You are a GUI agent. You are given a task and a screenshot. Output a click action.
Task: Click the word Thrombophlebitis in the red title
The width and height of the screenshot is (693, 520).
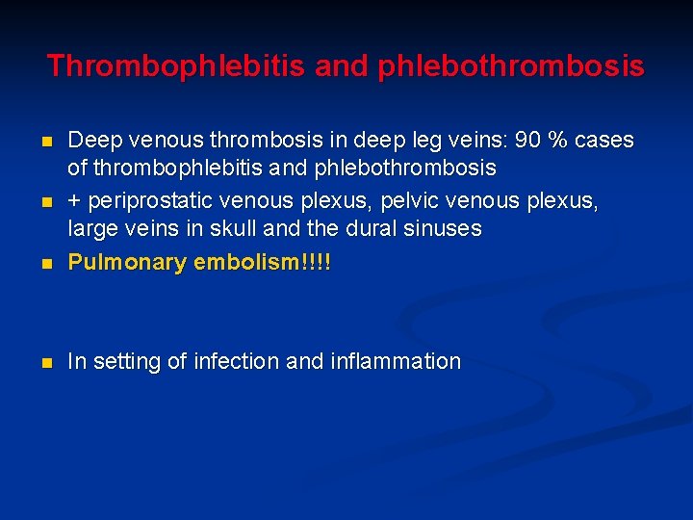175,66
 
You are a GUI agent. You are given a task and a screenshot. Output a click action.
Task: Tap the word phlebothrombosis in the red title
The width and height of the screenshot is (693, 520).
510,66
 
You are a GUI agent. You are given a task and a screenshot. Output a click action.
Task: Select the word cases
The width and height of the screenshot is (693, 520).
604,141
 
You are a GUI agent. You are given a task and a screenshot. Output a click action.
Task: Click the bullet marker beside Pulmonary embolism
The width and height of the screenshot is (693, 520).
46,263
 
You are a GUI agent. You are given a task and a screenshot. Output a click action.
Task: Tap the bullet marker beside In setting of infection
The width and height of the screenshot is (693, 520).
46,363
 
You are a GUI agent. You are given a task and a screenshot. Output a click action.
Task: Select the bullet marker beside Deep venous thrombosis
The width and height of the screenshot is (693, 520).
46,142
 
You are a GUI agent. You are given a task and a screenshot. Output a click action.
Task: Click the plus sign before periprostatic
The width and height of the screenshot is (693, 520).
74,200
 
